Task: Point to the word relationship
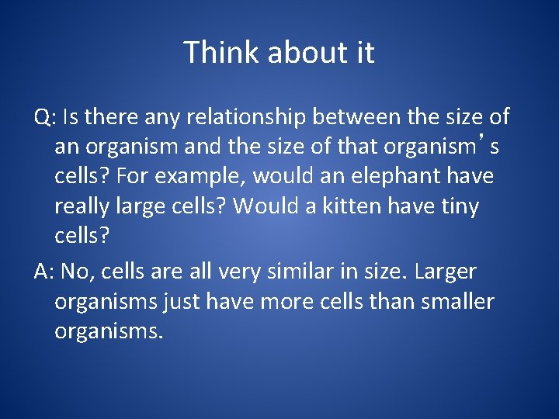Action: [x=248, y=118]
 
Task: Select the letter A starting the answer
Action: [x=42, y=272]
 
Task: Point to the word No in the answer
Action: [x=75, y=272]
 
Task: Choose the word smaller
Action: [x=457, y=301]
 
